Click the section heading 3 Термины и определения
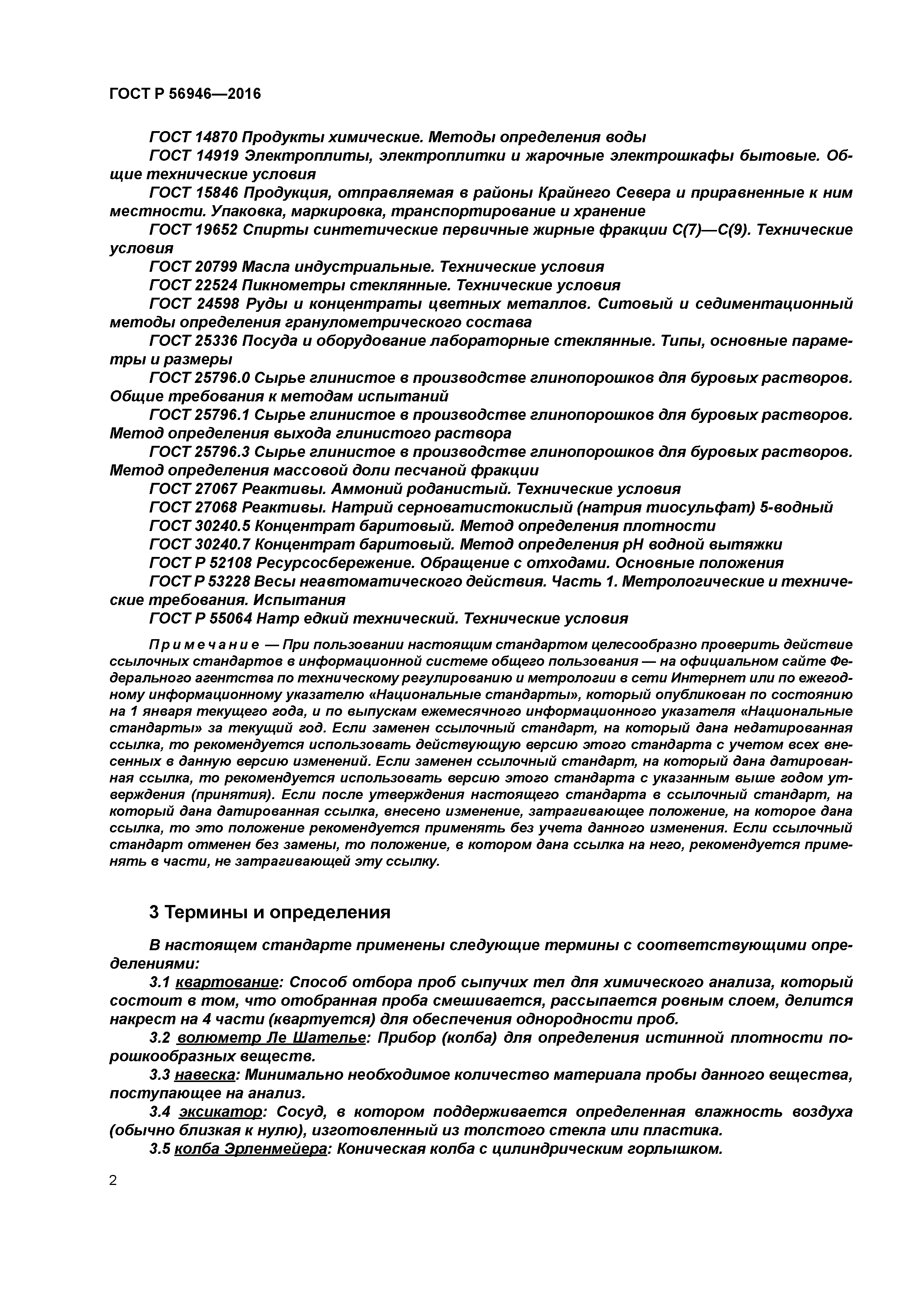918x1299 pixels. click(270, 912)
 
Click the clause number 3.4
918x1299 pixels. click(161, 1112)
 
